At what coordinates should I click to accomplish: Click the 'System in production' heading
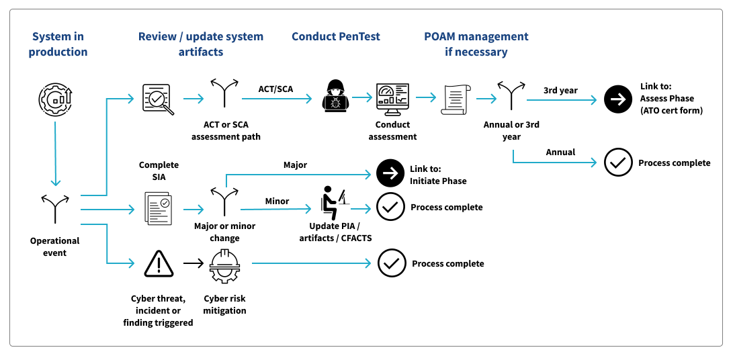tap(58, 44)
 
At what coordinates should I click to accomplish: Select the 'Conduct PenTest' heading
tap(335, 36)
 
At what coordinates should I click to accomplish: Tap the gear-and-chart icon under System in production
tap(55, 99)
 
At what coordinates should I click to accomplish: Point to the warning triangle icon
tap(159, 264)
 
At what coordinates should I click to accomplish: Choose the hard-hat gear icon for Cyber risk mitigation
tap(224, 266)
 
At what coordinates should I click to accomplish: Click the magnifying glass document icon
tap(159, 99)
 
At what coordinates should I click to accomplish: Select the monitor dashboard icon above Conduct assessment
tap(392, 99)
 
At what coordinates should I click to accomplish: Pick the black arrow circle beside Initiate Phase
tap(390, 174)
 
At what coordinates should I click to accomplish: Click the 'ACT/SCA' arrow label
tap(275, 89)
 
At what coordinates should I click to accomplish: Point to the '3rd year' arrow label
tap(560, 90)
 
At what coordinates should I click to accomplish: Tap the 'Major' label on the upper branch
tap(296, 165)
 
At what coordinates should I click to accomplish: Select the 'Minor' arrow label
tap(277, 201)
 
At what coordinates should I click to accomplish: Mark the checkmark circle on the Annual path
tap(618, 163)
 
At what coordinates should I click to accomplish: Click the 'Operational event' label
tap(55, 246)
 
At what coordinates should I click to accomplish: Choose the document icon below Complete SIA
tap(159, 208)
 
